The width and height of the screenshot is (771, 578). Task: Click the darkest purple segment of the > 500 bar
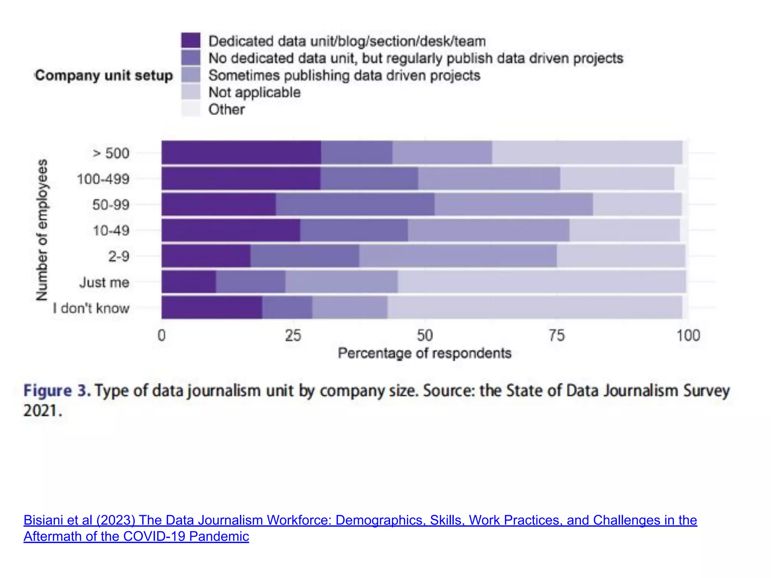[x=241, y=152]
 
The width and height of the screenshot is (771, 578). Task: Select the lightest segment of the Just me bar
[x=541, y=281]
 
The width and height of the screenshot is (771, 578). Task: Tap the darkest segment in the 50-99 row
[x=218, y=204]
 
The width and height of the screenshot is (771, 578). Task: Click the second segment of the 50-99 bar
[x=355, y=204]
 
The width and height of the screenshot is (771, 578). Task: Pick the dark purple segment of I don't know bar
[x=212, y=307]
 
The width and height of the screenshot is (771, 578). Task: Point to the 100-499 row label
[x=103, y=179]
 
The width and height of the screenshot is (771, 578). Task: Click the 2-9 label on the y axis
[x=119, y=256]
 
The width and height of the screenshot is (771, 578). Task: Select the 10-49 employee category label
[x=111, y=230]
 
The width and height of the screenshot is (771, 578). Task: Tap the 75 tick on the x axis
[x=556, y=335]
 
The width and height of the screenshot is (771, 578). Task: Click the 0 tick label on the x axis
[x=162, y=335]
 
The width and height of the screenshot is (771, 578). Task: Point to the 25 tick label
[x=293, y=335]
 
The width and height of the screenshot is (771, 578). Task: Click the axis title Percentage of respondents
[x=424, y=353]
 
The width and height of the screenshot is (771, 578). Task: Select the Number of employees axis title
[x=42, y=230]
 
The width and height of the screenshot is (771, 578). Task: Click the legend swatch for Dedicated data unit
[x=190, y=41]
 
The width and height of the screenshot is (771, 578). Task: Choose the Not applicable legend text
[x=254, y=92]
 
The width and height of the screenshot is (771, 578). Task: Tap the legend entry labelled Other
[x=226, y=110]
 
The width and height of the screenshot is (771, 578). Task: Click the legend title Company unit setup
[x=104, y=75]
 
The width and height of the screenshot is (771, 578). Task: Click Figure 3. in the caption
[x=57, y=391]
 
